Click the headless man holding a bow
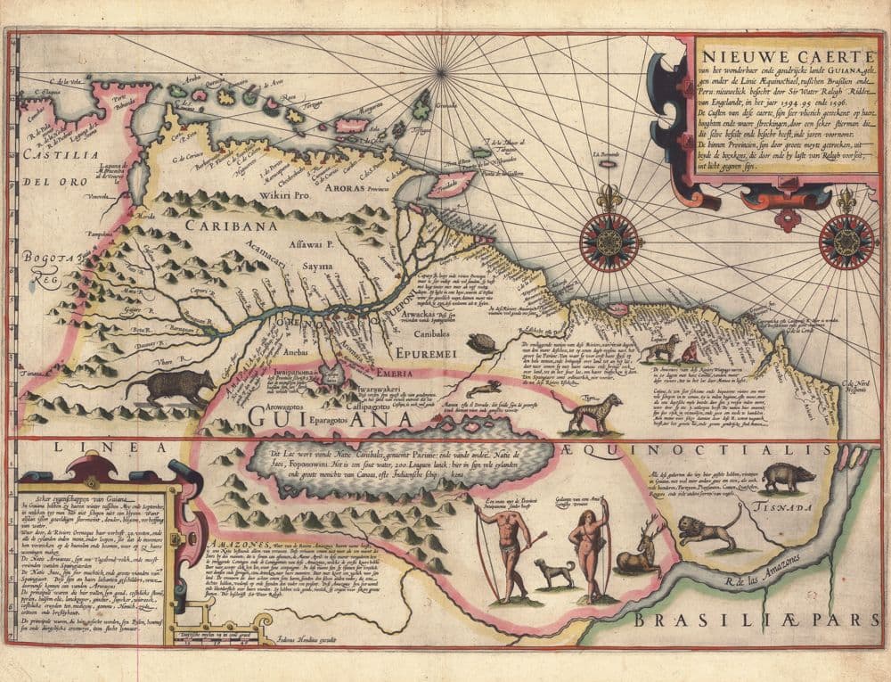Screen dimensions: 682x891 point(504,548)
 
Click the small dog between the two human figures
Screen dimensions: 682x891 point(554,571)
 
